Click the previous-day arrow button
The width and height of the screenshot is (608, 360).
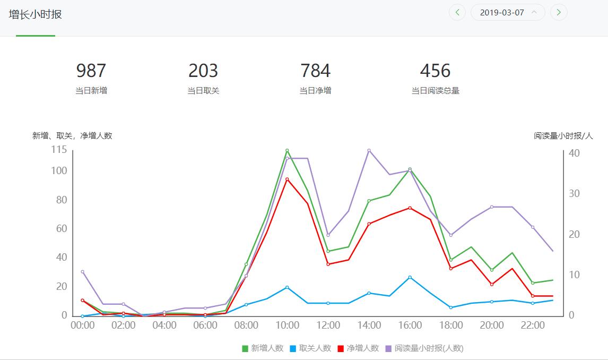click(457, 12)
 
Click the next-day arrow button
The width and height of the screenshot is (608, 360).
click(559, 12)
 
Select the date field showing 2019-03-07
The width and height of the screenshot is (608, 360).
click(507, 12)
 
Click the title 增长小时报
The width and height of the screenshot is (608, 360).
click(36, 14)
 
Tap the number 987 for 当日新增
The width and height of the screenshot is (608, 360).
click(91, 71)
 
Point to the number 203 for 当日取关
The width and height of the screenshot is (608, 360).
click(203, 71)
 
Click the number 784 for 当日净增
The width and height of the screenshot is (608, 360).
click(315, 71)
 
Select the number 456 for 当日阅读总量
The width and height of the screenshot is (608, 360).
click(435, 71)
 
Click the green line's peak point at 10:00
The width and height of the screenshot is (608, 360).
click(287, 150)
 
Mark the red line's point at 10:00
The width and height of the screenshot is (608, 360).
click(287, 179)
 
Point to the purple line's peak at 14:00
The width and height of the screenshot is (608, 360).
click(369, 150)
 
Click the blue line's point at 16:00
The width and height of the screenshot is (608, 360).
click(410, 277)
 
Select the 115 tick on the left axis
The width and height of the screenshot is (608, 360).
click(59, 150)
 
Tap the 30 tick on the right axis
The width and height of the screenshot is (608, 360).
click(575, 194)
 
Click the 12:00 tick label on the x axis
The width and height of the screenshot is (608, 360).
click(328, 325)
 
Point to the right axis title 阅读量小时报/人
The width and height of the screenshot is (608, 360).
click(563, 136)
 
